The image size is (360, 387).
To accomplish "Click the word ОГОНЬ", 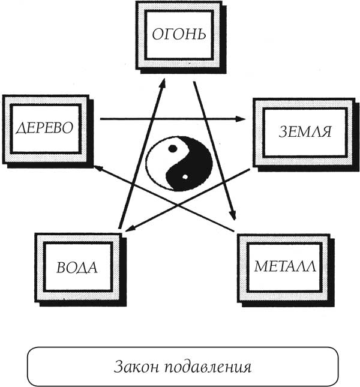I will [x=179, y=34].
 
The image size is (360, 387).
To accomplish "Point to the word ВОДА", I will [x=77, y=267].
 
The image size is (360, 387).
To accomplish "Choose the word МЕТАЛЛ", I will [x=284, y=266].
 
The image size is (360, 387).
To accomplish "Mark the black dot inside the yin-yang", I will [x=173, y=148].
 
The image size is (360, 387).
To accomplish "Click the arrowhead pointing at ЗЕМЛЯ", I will [x=244, y=119].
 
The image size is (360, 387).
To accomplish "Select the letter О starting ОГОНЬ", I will [x=155, y=34].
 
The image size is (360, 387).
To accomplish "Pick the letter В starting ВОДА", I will [x=60, y=267].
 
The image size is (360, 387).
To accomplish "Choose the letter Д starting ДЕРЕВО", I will [x=17, y=128].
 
